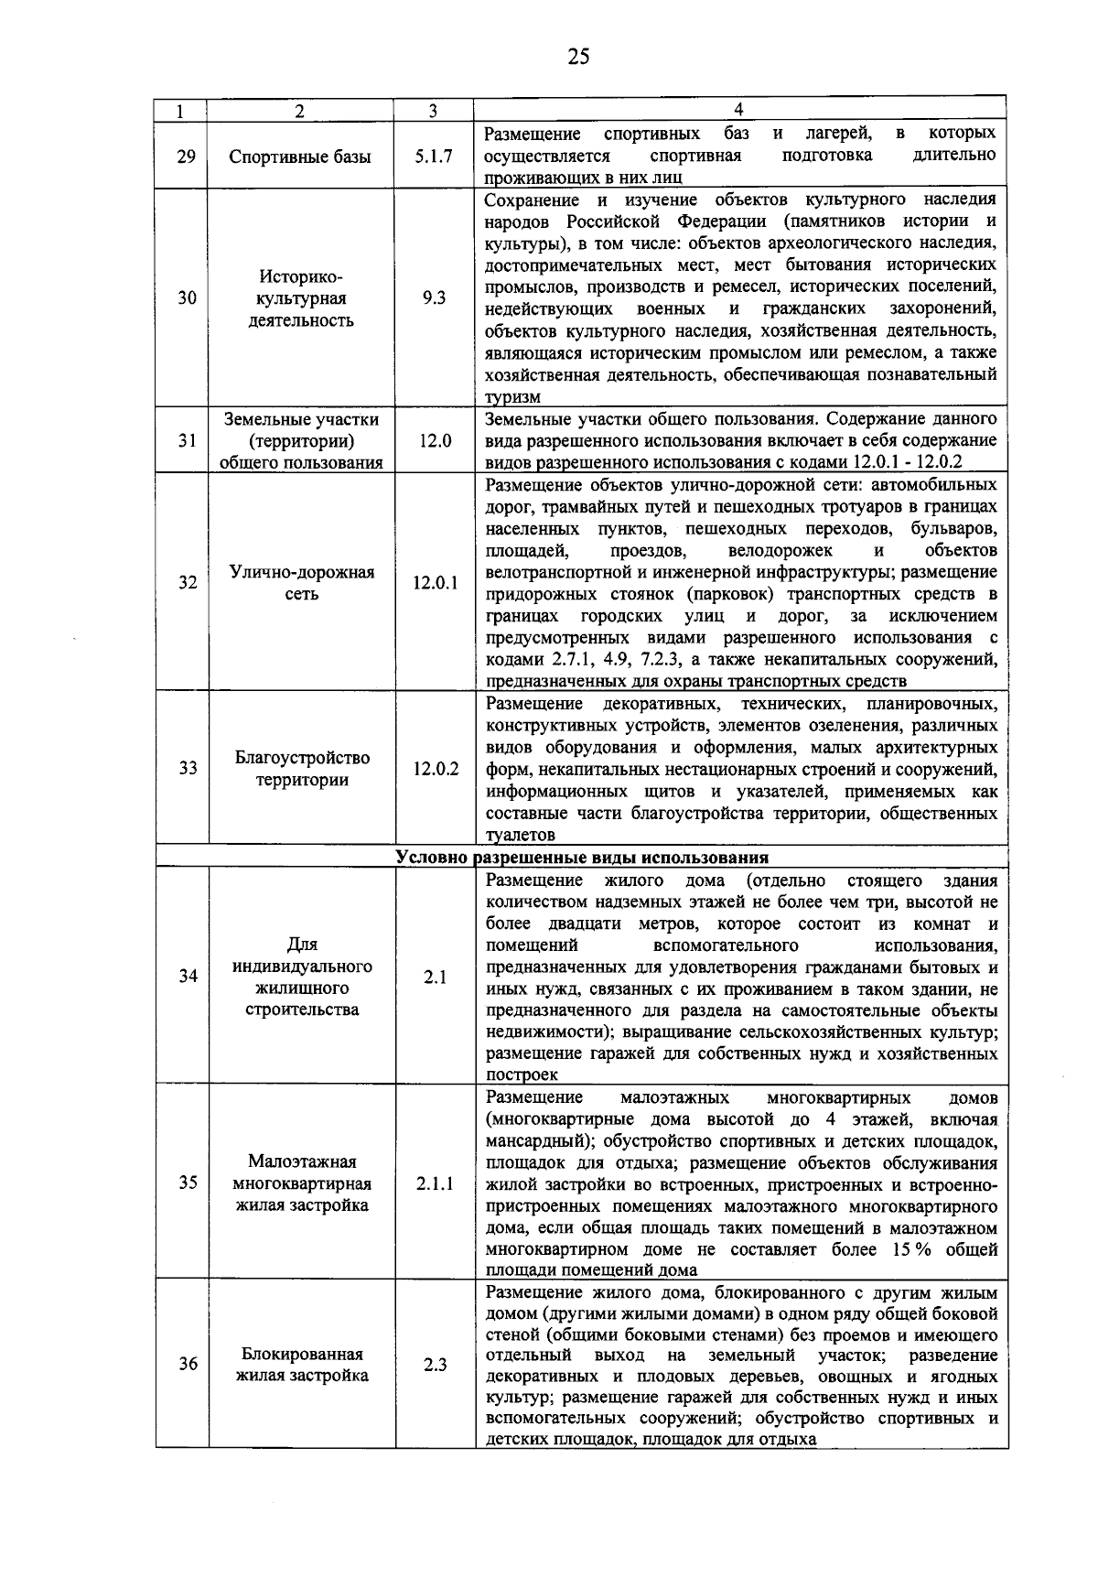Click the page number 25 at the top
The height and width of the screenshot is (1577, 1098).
577,57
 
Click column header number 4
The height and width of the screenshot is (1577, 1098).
738,110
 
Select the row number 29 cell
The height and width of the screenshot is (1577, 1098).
186,156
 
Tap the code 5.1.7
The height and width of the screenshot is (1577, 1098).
433,156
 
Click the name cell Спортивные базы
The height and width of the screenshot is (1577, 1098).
300,157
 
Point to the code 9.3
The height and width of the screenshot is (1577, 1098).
435,297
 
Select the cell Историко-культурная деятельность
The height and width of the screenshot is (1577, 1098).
301,298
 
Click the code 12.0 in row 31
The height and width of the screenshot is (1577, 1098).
436,440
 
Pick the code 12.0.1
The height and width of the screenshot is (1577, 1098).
436,582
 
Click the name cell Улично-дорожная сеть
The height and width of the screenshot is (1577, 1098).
301,583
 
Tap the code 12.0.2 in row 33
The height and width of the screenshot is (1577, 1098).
436,768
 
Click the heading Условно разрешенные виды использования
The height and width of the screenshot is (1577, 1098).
582,858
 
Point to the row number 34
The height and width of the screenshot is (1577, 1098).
188,976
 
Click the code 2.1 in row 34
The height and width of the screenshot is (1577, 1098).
436,977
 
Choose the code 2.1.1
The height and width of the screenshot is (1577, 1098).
436,1183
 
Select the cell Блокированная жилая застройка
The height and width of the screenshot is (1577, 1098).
302,1365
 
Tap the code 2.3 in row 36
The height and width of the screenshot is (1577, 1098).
436,1365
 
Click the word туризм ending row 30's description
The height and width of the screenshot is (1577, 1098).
512,397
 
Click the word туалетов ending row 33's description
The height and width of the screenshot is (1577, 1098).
521,835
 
